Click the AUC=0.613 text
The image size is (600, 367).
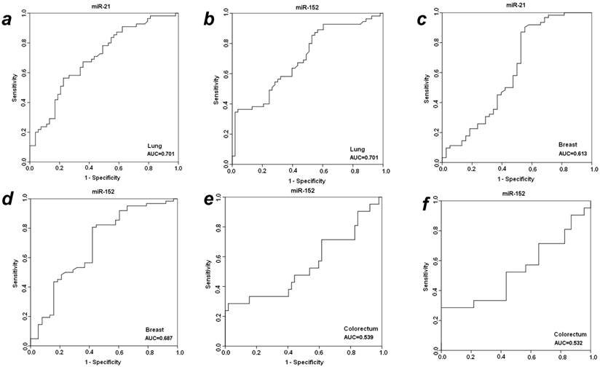pos(572,154)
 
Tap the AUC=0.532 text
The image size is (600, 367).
pos(572,343)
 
